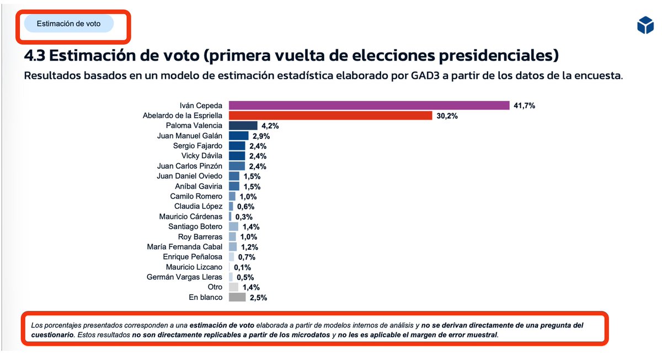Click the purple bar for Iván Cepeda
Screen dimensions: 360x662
369,105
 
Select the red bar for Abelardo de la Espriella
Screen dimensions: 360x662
330,116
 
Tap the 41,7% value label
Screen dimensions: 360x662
524,105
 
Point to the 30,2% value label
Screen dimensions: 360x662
447,116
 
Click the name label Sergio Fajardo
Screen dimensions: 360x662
197,146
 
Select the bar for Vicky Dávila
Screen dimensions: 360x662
237,156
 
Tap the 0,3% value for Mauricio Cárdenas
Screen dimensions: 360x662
244,217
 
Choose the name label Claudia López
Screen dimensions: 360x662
198,207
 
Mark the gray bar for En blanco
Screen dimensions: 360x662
237,298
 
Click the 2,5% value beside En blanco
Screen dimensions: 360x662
258,298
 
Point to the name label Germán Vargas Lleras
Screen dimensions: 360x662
184,277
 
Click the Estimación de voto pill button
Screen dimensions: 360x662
68,24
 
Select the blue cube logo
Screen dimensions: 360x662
644,25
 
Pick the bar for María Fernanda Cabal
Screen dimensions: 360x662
232,247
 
